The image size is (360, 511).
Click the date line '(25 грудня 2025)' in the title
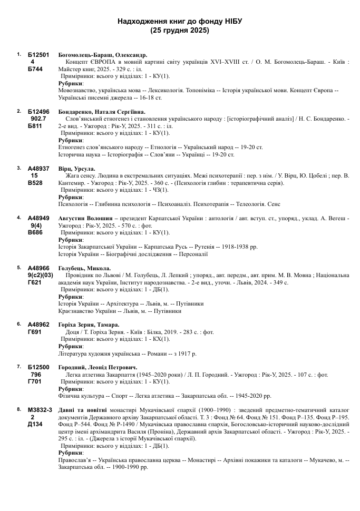coord(179,30)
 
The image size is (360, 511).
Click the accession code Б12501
coord(38,55)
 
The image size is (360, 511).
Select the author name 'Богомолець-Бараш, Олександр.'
coord(102,55)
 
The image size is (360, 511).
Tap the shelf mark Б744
coord(35,70)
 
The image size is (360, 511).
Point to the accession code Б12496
coord(38,112)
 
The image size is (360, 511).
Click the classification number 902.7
coord(38,119)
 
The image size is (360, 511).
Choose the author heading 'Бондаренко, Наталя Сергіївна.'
coord(101,112)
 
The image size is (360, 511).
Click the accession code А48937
coord(38,169)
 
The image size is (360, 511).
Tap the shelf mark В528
coord(35,183)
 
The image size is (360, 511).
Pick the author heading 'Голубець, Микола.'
coord(84,268)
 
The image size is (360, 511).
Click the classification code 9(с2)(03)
coord(41,276)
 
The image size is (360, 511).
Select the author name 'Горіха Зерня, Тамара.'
coord(89,325)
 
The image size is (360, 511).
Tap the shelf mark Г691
coord(35,332)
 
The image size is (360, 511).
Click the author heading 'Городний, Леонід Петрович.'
coord(98,367)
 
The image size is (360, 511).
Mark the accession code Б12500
coord(38,367)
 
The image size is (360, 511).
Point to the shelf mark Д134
coord(35,425)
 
